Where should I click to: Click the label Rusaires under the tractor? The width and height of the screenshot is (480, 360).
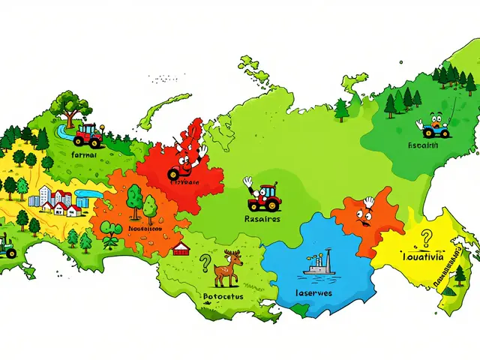[x=262, y=220]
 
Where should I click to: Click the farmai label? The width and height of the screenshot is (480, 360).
[x=83, y=154]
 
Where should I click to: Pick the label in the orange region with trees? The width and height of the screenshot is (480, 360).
[x=142, y=229]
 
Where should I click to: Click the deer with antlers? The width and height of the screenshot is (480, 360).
[x=227, y=268]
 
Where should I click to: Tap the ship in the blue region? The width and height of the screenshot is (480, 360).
[x=319, y=265]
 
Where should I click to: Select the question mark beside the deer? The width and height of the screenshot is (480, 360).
[x=204, y=262]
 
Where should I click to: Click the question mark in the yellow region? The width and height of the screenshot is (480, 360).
[x=427, y=238]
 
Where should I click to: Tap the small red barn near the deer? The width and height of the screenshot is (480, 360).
[x=180, y=248]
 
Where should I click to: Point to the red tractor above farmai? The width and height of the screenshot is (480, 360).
[x=88, y=134]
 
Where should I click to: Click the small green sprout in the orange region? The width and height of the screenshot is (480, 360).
[x=110, y=238]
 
